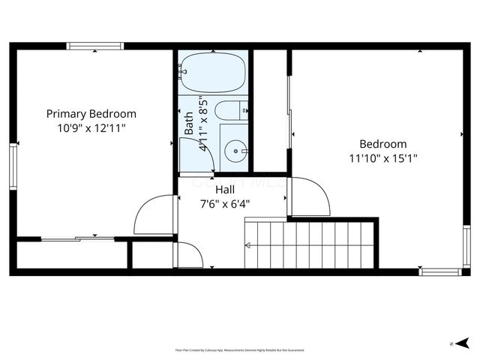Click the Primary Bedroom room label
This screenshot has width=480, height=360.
click(x=91, y=114)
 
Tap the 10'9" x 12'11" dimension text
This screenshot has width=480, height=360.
click(x=91, y=127)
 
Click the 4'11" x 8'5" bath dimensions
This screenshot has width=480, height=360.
click(x=202, y=124)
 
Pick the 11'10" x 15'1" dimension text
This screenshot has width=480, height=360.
click(x=382, y=158)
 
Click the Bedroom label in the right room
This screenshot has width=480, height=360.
click(x=382, y=144)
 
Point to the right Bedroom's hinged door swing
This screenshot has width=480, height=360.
click(x=309, y=196)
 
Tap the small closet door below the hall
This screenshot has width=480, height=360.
click(x=189, y=254)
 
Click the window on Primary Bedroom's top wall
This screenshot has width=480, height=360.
click(x=95, y=46)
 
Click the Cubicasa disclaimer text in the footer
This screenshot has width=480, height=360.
click(x=239, y=349)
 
